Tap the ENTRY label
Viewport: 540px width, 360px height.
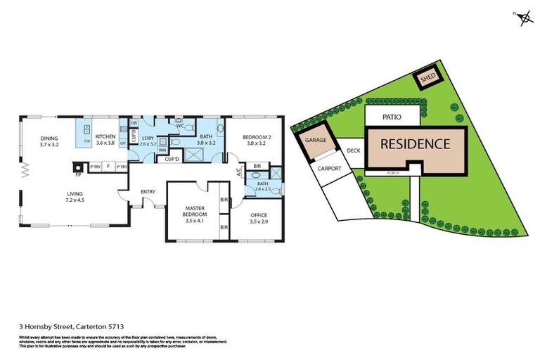point(148,191)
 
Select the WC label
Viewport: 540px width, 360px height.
point(180,127)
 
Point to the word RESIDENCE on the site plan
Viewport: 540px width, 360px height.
point(415,144)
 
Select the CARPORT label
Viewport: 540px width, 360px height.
point(329,169)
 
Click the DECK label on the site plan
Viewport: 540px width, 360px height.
point(352,150)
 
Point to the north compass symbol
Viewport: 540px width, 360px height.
point(524,18)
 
